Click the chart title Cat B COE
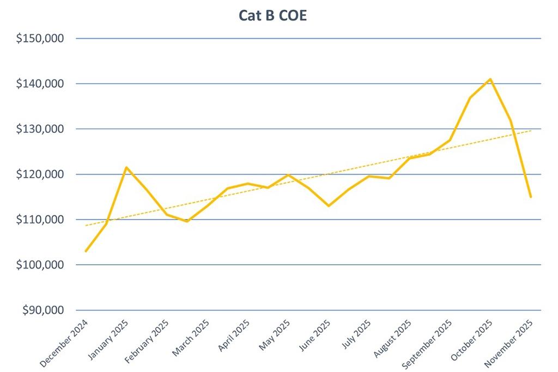coord(273,15)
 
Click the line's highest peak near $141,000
coord(490,79)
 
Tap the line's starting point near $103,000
coord(86,251)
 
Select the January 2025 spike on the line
coord(126,167)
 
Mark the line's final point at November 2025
coord(531,197)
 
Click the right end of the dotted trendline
coord(531,131)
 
